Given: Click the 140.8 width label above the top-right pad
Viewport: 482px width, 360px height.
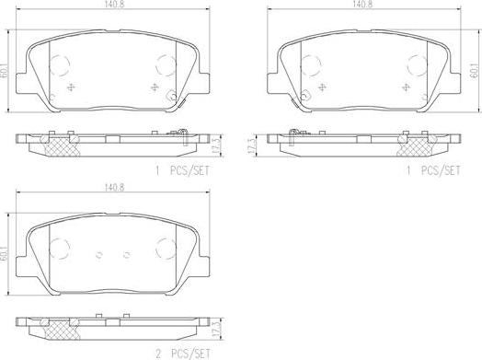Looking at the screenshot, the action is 362,5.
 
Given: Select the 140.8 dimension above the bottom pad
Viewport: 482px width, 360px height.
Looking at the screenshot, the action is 114,188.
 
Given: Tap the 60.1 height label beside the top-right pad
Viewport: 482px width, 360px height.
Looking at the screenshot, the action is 476,71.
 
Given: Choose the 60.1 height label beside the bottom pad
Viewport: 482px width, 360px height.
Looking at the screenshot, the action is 5,254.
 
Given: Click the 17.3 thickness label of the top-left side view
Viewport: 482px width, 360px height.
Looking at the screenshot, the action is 217,145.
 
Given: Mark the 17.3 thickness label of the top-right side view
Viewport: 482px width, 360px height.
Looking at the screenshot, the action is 251,145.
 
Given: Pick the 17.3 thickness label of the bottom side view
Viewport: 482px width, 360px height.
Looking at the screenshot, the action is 217,330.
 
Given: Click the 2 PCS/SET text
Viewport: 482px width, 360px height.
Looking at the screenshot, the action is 183,354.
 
